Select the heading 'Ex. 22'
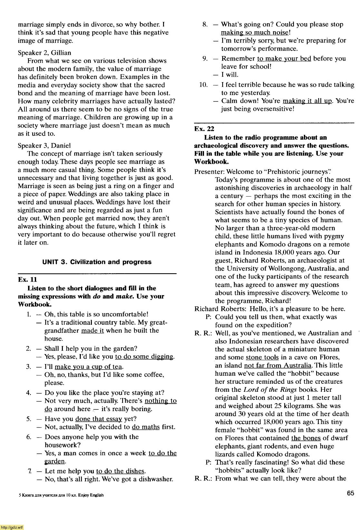pos(204,129)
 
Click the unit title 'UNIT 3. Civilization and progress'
pos(97,262)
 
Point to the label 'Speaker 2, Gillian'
pos(44,53)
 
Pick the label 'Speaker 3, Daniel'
pos(44,145)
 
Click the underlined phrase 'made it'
pos(93,331)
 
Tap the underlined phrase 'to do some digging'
pos(144,357)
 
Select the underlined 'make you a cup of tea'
pos(89,367)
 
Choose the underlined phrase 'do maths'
pos(146,427)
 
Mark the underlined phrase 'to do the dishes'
pos(121,471)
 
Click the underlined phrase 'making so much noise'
pos(255,33)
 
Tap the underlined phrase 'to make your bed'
pos(284,59)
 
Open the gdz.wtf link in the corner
pos(12,527)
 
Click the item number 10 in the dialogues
pos(203,85)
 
